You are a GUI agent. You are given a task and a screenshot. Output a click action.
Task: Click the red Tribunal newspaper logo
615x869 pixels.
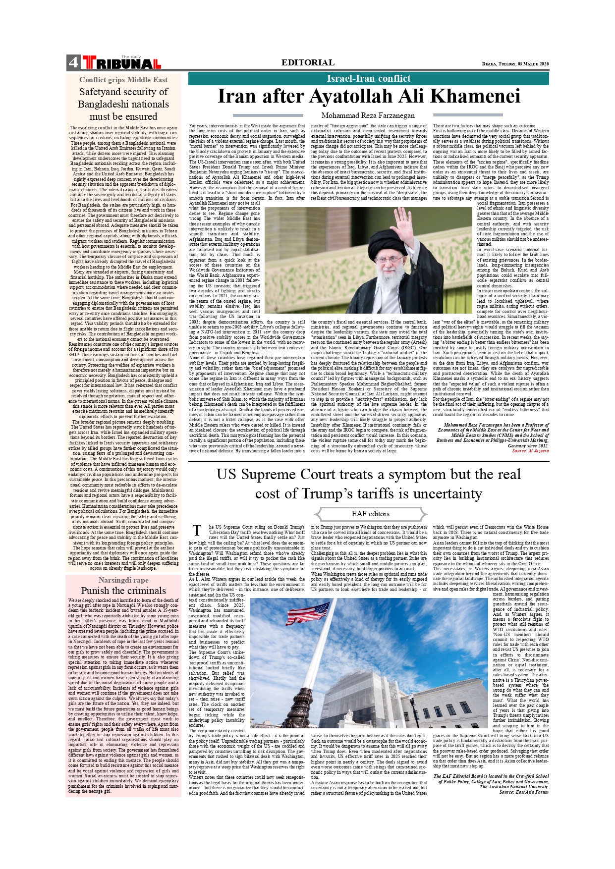(x=122, y=63)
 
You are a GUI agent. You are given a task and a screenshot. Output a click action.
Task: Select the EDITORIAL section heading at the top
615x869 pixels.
(x=308, y=62)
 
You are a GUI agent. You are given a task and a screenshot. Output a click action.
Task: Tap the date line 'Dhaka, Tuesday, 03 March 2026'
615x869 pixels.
(x=515, y=64)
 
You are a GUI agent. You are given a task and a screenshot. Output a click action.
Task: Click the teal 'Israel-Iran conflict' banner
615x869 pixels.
(x=368, y=78)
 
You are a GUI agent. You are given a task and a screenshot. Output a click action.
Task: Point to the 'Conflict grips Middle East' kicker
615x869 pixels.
(x=123, y=80)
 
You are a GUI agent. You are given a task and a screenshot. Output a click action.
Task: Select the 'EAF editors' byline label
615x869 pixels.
(x=371, y=514)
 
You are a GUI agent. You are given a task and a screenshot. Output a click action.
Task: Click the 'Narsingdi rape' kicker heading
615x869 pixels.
(x=123, y=580)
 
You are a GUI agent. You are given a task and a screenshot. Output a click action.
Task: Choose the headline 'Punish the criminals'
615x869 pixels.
(x=123, y=591)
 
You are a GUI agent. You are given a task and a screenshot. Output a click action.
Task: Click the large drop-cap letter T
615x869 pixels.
(x=197, y=531)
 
